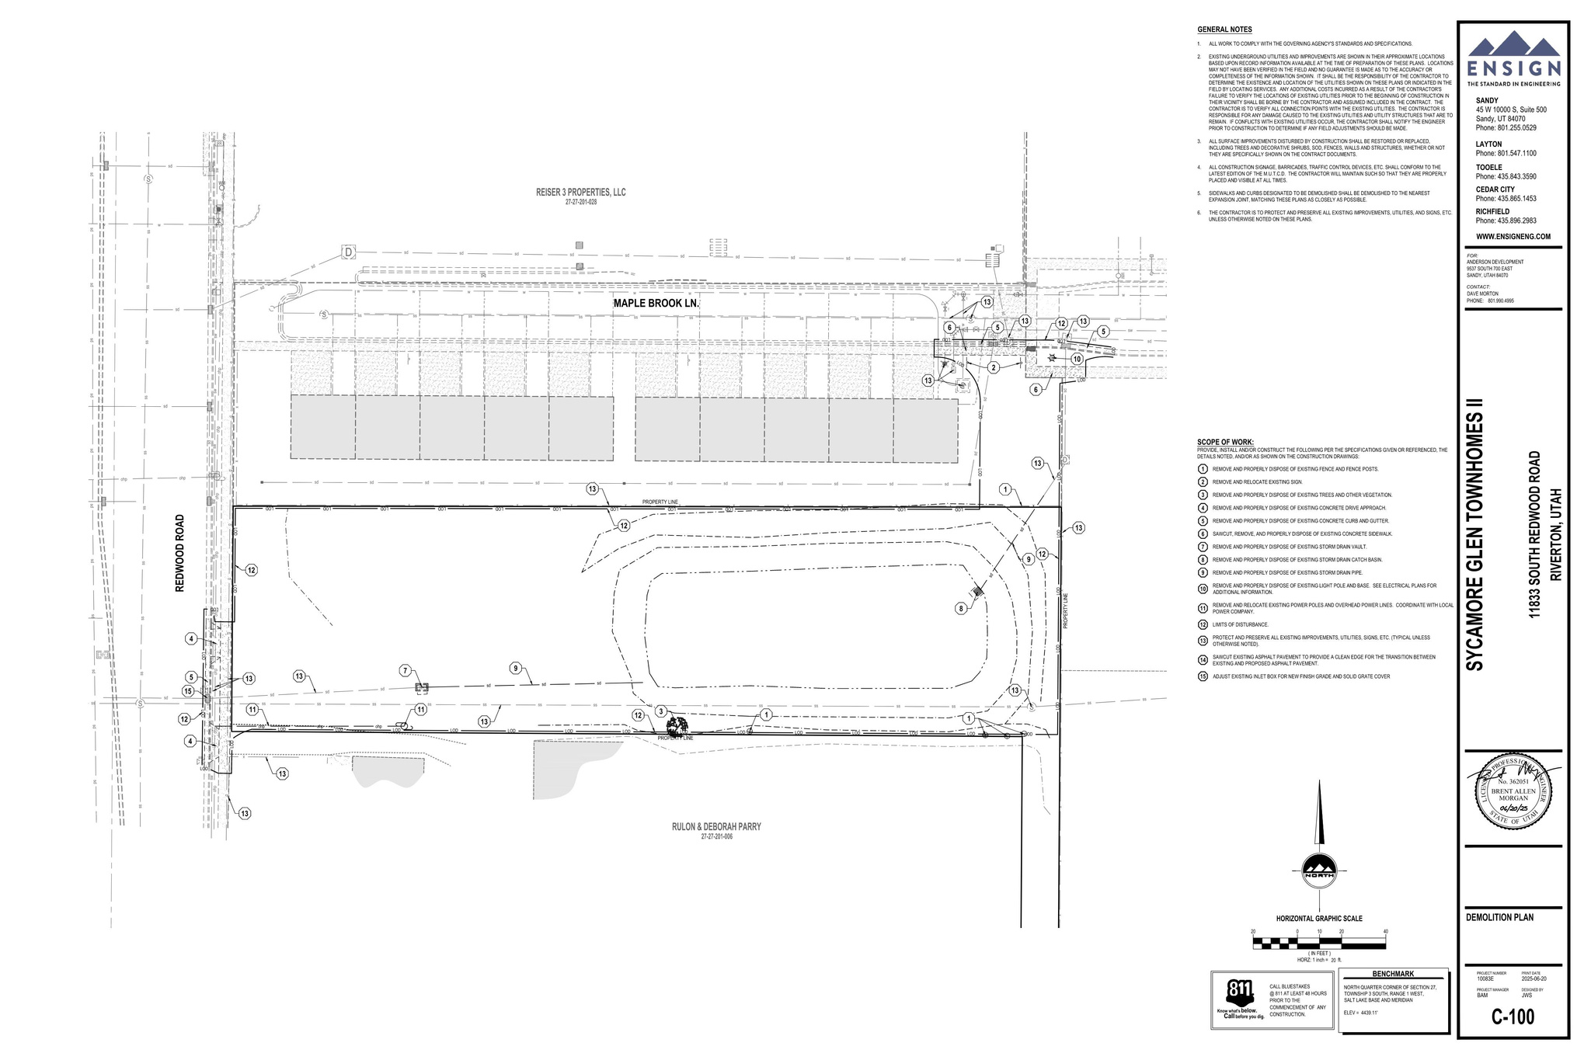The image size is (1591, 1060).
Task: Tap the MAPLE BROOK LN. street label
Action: point(656,304)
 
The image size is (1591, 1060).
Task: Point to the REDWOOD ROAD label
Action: point(179,554)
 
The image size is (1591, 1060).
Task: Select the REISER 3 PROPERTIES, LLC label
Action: point(580,193)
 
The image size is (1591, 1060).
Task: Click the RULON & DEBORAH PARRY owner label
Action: point(716,827)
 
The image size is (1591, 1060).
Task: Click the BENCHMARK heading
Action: point(1393,974)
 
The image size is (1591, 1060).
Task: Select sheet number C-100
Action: point(1513,1017)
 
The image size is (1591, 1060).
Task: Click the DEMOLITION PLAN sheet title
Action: point(1499,917)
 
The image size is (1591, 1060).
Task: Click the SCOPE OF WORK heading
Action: point(1225,442)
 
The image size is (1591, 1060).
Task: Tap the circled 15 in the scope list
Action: point(1203,676)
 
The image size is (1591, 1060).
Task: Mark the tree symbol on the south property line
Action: point(676,727)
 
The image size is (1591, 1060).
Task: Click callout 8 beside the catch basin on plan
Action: point(961,609)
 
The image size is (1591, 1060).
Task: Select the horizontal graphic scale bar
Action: point(1318,944)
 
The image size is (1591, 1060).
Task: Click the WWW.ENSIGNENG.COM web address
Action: point(1513,236)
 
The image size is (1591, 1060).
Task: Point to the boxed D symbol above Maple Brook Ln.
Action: point(348,252)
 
